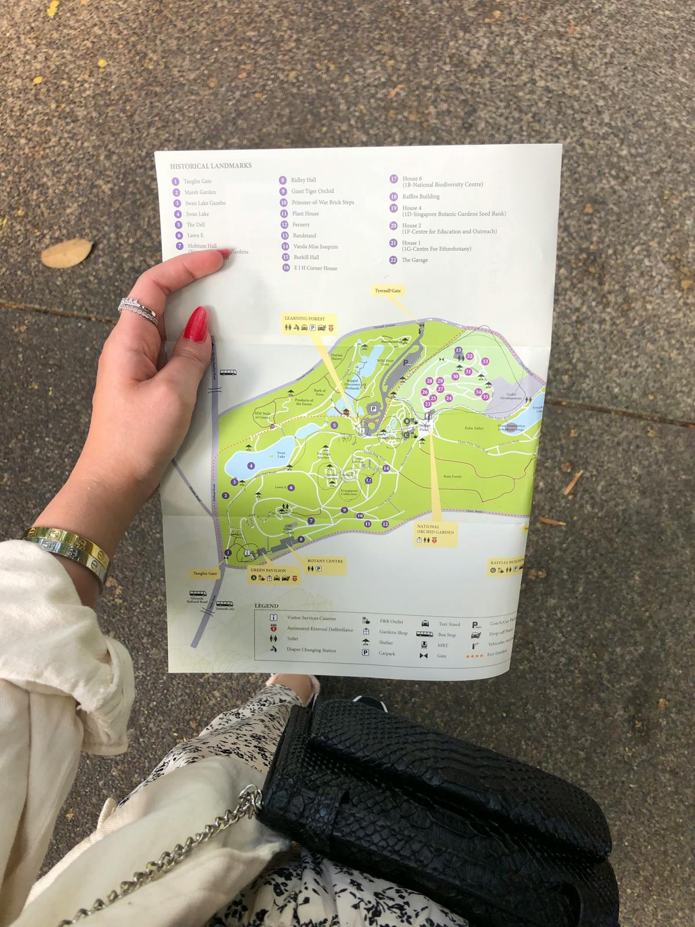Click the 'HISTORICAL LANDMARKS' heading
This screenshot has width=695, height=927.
pyautogui.click(x=211, y=166)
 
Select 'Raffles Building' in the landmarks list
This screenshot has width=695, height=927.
pyautogui.click(x=420, y=196)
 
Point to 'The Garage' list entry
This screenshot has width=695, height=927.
pyautogui.click(x=415, y=260)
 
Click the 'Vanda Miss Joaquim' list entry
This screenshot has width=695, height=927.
pyautogui.click(x=314, y=246)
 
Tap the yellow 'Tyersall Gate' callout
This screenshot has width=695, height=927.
pyautogui.click(x=387, y=290)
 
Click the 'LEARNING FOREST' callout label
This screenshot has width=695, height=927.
pyautogui.click(x=304, y=319)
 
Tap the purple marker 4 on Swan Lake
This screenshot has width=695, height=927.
pyautogui.click(x=251, y=465)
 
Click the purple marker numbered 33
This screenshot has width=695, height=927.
pyautogui.click(x=485, y=361)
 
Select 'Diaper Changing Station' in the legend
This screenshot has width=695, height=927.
pyautogui.click(x=311, y=650)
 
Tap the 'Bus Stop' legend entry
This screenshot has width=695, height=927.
pyautogui.click(x=447, y=634)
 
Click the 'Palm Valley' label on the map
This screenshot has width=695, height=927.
pyautogui.click(x=473, y=428)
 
